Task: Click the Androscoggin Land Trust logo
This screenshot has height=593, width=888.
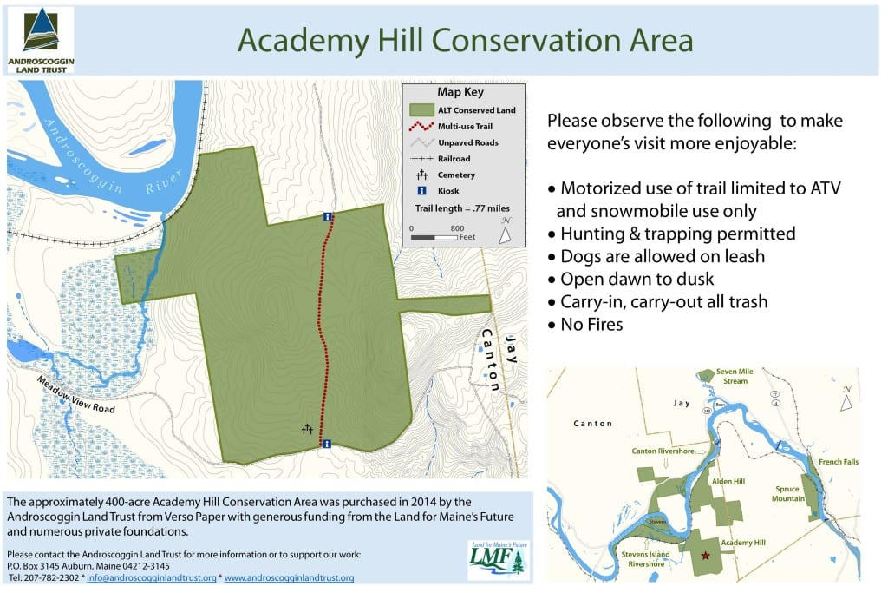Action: point(41,40)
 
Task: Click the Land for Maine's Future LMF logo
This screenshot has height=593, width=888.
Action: point(496,560)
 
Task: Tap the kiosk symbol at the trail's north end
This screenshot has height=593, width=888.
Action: point(327,216)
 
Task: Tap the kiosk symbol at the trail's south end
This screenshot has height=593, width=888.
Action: point(327,444)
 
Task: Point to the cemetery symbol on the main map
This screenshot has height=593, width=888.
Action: point(307,428)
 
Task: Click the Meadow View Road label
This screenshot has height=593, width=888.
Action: point(75,395)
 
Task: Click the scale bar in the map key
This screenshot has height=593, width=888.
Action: point(434,236)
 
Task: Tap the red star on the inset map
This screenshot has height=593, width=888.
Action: point(704,555)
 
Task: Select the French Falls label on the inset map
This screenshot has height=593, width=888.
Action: point(838,462)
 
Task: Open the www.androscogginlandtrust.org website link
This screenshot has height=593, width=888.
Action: point(289,577)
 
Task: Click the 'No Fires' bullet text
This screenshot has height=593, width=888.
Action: point(591,325)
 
